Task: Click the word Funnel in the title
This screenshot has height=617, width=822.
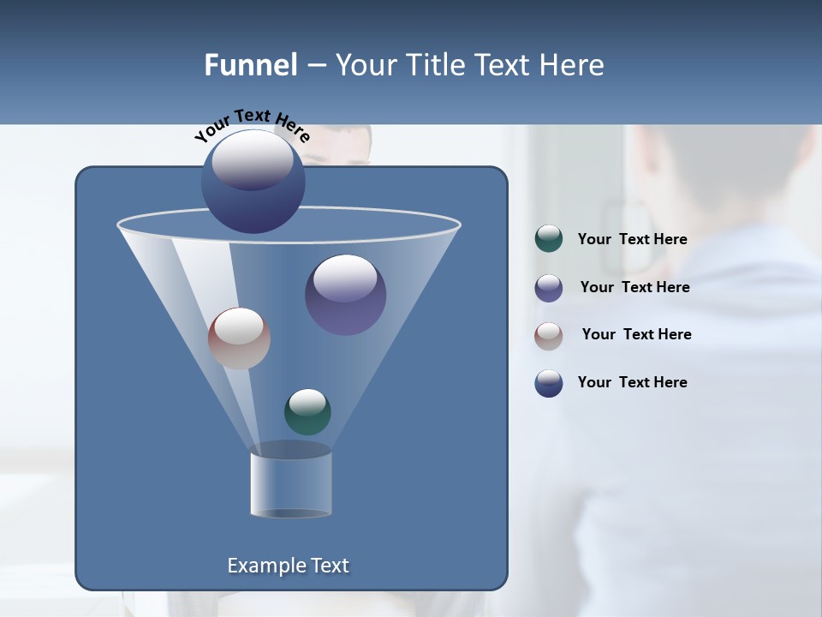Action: click(250, 65)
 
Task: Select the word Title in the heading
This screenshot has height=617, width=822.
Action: click(434, 65)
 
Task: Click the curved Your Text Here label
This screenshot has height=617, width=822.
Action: click(252, 124)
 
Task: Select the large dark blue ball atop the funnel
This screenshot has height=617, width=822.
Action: click(253, 181)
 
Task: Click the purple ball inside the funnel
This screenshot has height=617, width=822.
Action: click(346, 295)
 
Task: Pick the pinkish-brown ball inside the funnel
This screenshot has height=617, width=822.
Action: click(239, 338)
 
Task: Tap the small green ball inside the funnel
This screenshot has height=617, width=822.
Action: click(307, 411)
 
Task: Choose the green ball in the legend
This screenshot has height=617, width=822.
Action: click(549, 239)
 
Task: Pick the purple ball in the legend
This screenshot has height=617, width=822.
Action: click(549, 288)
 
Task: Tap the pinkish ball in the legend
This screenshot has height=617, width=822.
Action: click(549, 335)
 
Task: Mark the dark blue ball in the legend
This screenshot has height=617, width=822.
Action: click(549, 383)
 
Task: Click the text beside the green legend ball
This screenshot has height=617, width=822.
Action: click(632, 240)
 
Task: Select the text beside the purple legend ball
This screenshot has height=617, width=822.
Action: click(634, 288)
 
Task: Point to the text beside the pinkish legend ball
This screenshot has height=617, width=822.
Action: click(636, 335)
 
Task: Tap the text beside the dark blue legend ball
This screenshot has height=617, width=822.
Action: click(632, 383)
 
